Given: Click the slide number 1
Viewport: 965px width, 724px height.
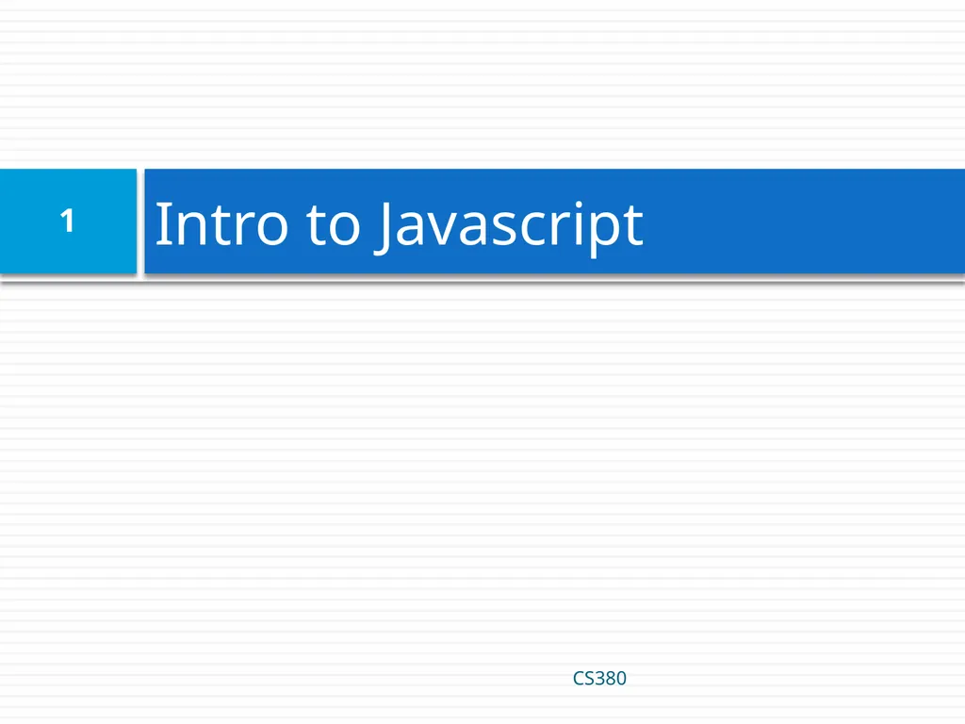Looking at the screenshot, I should coord(67,222).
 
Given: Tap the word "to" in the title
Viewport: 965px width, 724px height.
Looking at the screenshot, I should coord(333,226).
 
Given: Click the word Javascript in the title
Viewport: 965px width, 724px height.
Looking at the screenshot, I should coord(509,226).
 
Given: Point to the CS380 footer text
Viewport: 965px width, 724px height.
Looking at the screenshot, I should coord(599,678).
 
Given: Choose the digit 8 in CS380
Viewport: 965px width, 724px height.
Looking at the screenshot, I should coord(610,678).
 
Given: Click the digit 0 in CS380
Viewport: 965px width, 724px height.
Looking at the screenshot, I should coord(621,678).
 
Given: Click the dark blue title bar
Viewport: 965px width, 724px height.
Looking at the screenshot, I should coord(801,222).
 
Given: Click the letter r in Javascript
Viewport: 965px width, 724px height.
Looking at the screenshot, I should coord(556,230).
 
